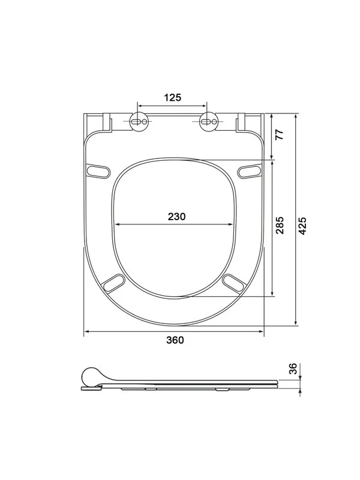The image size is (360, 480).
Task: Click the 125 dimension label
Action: (x=173, y=98)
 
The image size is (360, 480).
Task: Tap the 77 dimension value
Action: (x=280, y=134)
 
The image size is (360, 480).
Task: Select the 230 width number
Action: (x=176, y=217)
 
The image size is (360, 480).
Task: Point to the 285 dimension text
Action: (x=280, y=225)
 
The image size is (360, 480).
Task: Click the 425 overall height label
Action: (x=302, y=226)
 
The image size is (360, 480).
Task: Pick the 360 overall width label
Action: (x=175, y=340)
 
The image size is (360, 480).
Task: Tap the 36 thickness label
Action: (x=293, y=368)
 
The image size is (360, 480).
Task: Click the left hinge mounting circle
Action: (x=139, y=122)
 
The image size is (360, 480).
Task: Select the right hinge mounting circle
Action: (x=208, y=122)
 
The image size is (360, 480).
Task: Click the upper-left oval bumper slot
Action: (x=98, y=172)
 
